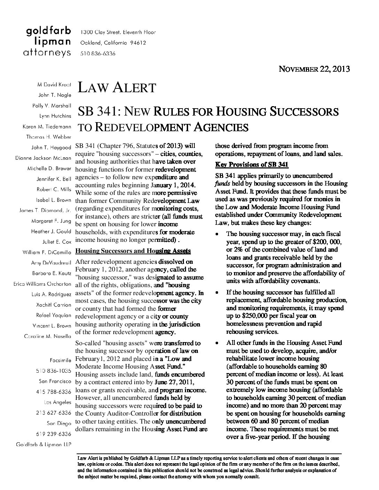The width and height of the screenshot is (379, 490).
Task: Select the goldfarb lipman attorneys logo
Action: click(49, 42)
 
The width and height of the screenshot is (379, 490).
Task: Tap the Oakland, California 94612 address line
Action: click(113, 43)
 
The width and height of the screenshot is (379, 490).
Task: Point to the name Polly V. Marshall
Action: click(52, 105)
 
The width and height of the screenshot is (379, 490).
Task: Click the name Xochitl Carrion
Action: click(54, 305)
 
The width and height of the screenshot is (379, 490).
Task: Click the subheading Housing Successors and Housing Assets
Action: click(133, 251)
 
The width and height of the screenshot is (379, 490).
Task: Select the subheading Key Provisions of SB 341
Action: click(252, 165)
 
